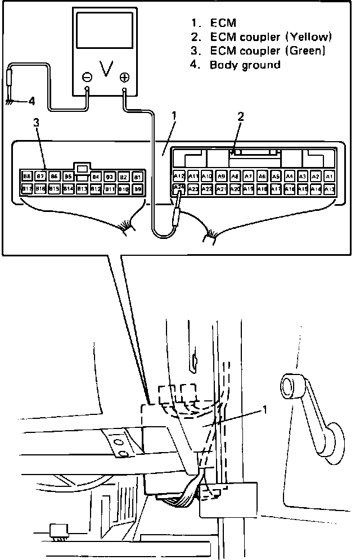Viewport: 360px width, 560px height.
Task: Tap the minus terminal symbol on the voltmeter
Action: pyautogui.click(x=87, y=77)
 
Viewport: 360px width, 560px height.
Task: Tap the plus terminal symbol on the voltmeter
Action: pyautogui.click(x=124, y=77)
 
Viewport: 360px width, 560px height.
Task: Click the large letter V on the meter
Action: pyautogui.click(x=105, y=69)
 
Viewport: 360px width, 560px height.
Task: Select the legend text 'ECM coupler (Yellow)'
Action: pyautogui.click(x=271, y=37)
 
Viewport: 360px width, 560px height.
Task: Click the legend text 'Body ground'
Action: pyautogui.click(x=245, y=65)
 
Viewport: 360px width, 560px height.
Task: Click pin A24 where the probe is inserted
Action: pyautogui.click(x=179, y=188)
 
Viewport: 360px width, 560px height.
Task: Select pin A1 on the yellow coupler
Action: pyautogui.click(x=330, y=176)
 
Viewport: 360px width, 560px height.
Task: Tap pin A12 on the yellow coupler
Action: pyautogui.click(x=179, y=176)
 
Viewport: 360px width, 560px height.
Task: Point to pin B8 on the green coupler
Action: pyautogui.click(x=26, y=176)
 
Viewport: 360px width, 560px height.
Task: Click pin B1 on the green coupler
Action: pyautogui.click(x=137, y=176)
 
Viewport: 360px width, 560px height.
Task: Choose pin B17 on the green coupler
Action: pyautogui.click(x=26, y=189)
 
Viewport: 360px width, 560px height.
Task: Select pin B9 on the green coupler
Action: pyautogui.click(x=137, y=189)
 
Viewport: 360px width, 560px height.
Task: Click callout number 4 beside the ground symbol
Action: pyautogui.click(x=31, y=102)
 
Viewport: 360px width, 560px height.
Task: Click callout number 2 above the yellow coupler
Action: pyautogui.click(x=241, y=117)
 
